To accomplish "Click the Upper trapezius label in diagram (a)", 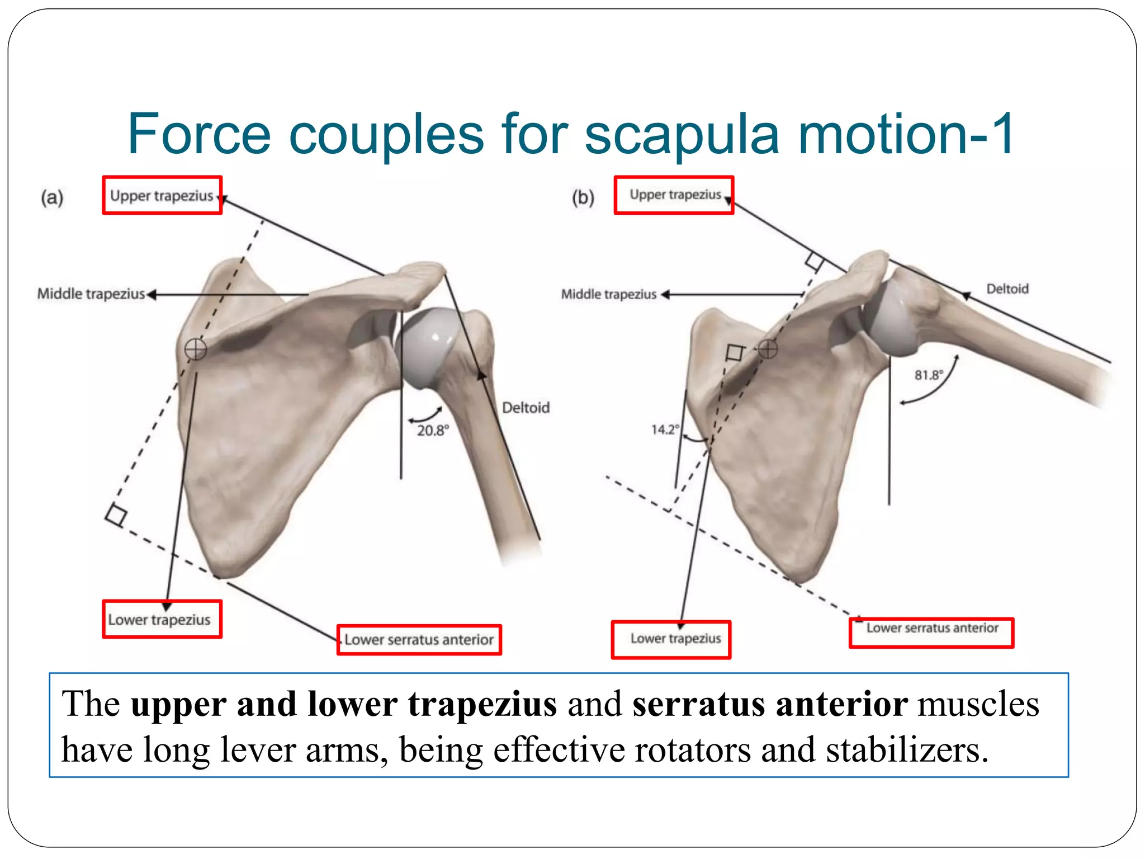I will pos(162,196).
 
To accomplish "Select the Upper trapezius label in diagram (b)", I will pos(675,195).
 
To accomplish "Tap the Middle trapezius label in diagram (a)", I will pos(91,294).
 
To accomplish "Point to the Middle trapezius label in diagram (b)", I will pos(609,294).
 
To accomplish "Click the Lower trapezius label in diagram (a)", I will pos(159,620).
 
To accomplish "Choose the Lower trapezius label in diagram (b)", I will pos(675,639).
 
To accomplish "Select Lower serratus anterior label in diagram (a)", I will pos(419,640).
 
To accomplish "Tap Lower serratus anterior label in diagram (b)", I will pos(932,628).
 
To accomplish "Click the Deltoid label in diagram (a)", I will pos(526,408).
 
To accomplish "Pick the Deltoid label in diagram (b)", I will pos(1007,289).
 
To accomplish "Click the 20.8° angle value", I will pos(433,431).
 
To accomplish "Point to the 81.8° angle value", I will pos(929,375).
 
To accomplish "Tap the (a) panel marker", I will pos(52,197).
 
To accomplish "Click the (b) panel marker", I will pos(583,197).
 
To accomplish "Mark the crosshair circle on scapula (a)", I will pos(196,350).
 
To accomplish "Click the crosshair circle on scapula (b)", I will pos(768,349).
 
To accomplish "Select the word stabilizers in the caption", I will pos(906,749).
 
